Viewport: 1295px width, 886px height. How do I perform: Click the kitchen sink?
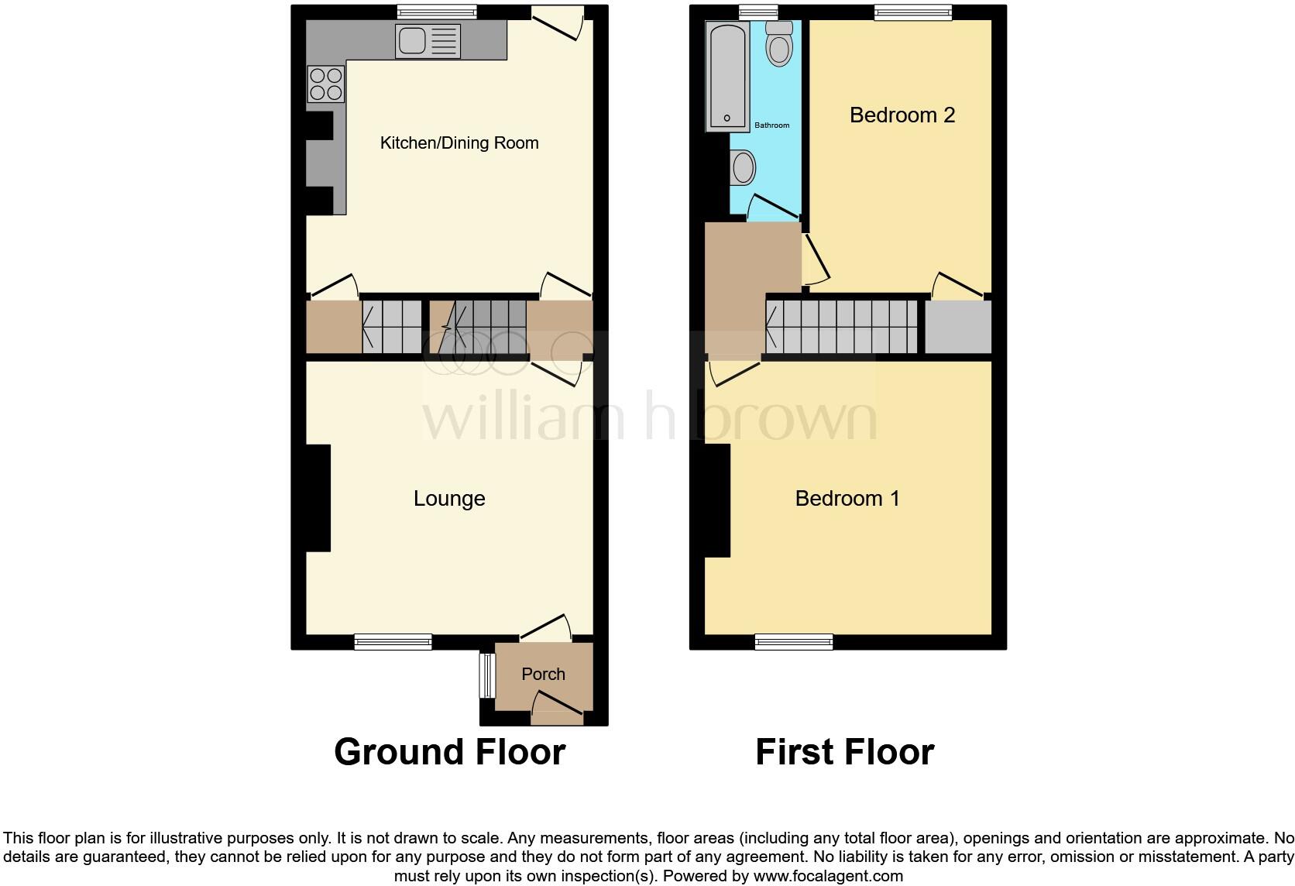click(428, 41)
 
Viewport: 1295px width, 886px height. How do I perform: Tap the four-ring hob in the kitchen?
click(326, 84)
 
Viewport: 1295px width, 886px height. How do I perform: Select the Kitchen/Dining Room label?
click(459, 143)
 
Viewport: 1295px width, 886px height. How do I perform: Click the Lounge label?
click(449, 499)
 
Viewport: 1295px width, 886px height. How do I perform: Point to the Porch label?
click(543, 674)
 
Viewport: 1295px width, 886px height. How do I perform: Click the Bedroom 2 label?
click(902, 115)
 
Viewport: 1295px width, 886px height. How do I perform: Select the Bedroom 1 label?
click(847, 498)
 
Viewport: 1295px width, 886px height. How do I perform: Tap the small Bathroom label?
click(771, 125)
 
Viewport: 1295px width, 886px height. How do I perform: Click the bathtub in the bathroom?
click(727, 76)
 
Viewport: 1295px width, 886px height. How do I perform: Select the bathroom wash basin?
click(744, 167)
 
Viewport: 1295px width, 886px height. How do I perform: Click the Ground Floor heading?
click(449, 752)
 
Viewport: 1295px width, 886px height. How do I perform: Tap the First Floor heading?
click(844, 752)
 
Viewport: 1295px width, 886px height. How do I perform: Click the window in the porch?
click(486, 675)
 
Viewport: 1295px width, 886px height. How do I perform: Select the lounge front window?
click(393, 641)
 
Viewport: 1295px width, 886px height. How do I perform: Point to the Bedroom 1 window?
click(794, 641)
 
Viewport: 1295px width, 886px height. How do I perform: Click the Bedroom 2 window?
click(912, 12)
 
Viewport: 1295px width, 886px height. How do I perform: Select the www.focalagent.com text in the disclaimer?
click(827, 877)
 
